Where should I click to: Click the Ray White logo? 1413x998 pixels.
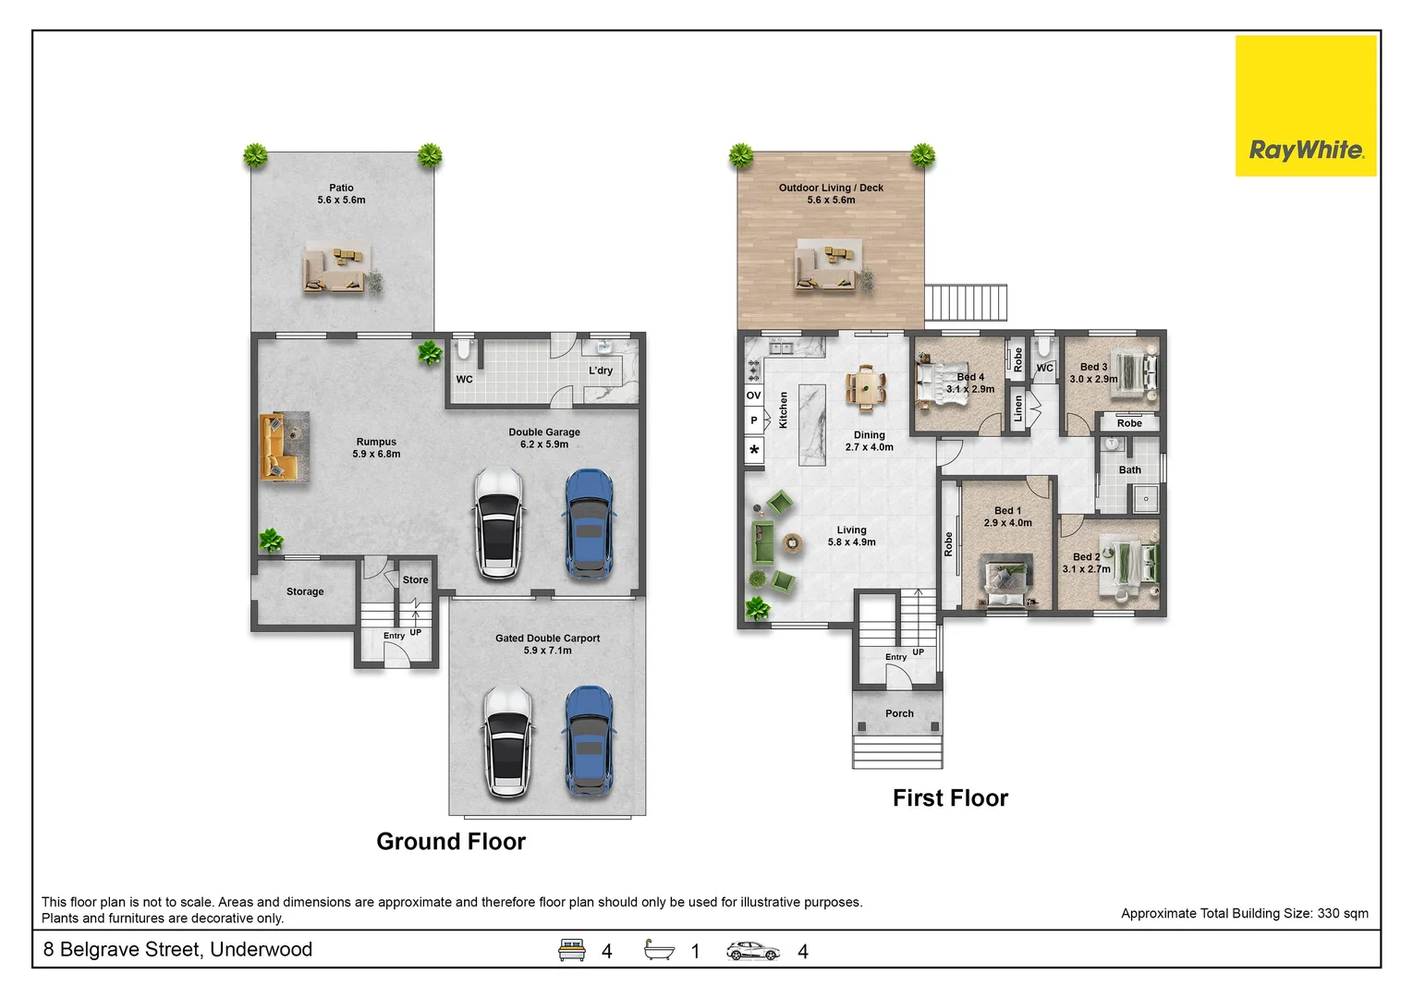coord(1306,105)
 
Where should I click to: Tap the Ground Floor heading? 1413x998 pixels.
coord(451,841)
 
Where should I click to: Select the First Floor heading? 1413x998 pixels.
coord(950,798)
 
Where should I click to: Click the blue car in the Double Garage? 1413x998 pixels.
coord(589,523)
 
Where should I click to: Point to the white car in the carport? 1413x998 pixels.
coord(507,741)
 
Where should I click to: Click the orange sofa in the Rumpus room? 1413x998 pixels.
coord(276,446)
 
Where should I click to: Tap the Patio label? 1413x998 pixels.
coord(341,188)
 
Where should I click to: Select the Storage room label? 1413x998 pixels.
coord(305,591)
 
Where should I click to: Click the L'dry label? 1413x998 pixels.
coord(601,371)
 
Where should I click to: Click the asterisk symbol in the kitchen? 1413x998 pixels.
coord(754,450)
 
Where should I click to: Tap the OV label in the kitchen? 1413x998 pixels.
coord(753,396)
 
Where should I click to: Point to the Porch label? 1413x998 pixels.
coord(899,713)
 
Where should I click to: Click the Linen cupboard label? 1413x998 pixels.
coord(1017,408)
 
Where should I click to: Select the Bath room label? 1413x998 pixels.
coord(1130,470)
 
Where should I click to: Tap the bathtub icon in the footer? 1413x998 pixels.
coord(659,949)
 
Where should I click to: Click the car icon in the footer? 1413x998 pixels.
coord(752,951)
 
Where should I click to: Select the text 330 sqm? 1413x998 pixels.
coord(1343,914)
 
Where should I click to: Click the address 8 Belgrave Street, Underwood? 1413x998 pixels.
coord(177,949)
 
